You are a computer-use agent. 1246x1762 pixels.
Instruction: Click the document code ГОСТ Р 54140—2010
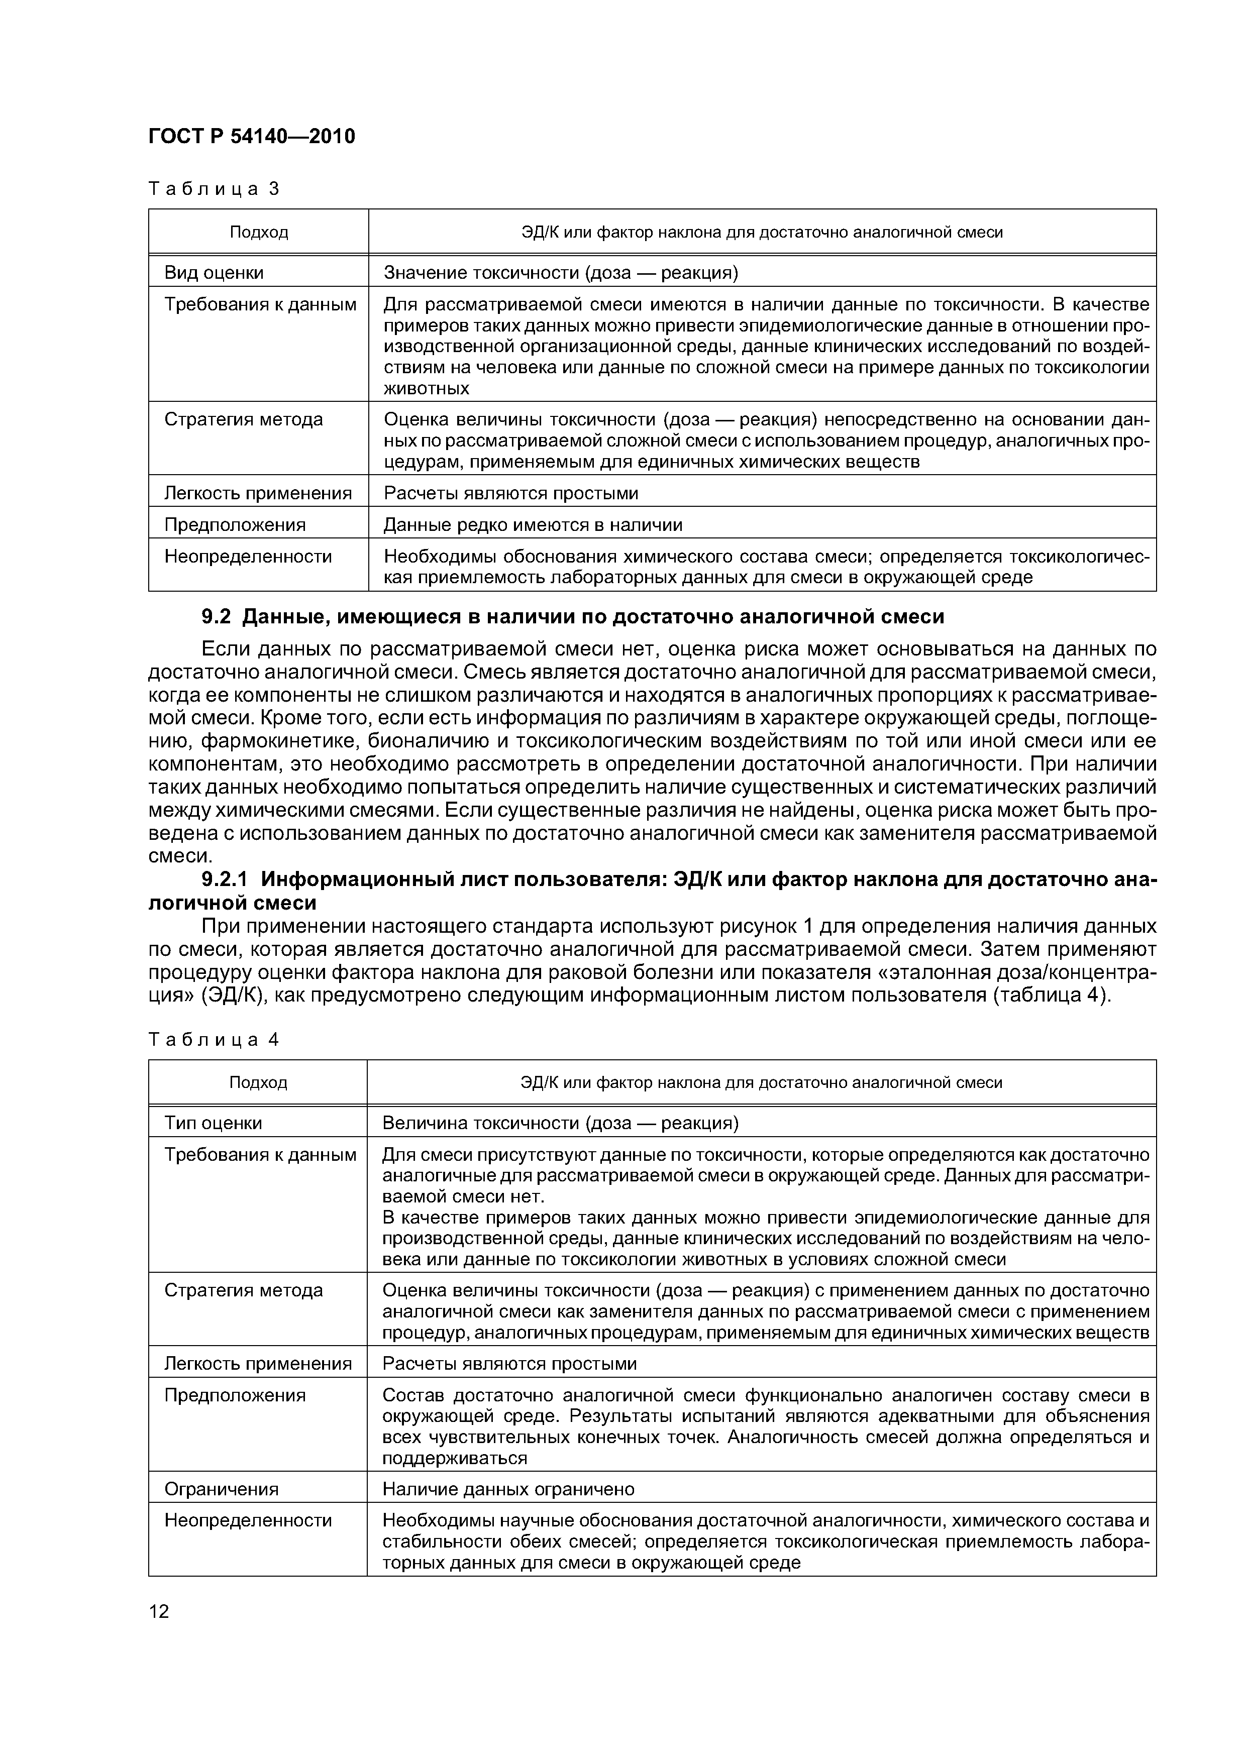click(251, 137)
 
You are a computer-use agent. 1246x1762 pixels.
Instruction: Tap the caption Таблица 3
click(214, 189)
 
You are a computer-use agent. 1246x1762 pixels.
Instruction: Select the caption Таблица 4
click(214, 1040)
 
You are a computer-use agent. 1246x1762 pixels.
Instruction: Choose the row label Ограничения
click(221, 1489)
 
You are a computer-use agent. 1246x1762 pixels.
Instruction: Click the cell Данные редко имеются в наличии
click(532, 525)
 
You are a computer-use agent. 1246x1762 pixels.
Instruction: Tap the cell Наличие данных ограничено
click(508, 1489)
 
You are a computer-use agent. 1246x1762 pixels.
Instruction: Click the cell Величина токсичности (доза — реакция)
click(560, 1123)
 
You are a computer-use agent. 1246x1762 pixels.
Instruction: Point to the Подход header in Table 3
click(259, 232)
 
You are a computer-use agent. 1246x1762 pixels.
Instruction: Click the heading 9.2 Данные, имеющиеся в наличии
click(572, 616)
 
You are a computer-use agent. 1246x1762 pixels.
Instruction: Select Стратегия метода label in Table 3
click(243, 420)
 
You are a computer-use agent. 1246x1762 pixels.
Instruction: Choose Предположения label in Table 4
click(235, 1395)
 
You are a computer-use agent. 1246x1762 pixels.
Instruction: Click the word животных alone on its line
click(426, 388)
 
